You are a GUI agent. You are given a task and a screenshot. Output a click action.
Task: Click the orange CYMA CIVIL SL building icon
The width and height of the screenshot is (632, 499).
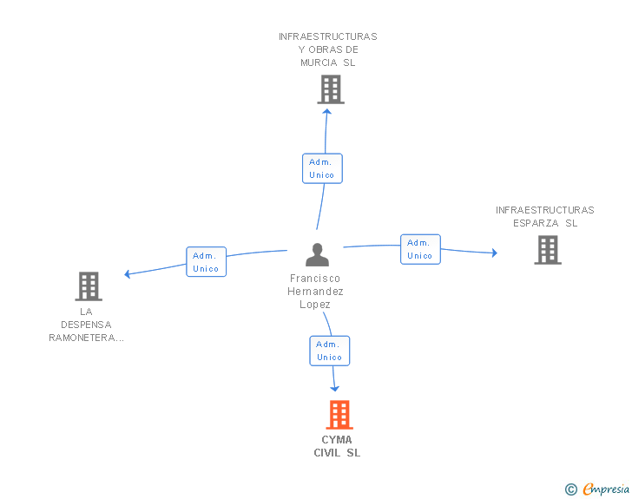click(x=339, y=414)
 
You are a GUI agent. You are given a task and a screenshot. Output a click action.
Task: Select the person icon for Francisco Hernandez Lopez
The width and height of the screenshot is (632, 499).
click(x=317, y=255)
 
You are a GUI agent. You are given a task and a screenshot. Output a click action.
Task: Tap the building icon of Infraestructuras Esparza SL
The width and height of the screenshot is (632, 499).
click(x=548, y=250)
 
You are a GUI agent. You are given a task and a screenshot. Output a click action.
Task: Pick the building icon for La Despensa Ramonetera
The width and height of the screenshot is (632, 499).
click(x=89, y=286)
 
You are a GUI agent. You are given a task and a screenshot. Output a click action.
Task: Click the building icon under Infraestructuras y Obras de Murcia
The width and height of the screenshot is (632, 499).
click(x=331, y=89)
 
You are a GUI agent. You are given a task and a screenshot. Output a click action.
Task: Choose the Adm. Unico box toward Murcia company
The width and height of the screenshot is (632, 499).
click(x=322, y=168)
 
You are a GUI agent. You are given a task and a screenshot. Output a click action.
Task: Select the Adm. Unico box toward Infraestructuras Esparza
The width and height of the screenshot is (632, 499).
click(x=420, y=249)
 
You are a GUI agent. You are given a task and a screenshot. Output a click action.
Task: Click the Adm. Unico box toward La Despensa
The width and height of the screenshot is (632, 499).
click(x=207, y=261)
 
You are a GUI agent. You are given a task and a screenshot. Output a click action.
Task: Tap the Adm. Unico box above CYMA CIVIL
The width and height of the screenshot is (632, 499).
click(x=330, y=351)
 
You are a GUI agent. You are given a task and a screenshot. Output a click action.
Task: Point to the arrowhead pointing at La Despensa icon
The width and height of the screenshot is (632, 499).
click(x=127, y=274)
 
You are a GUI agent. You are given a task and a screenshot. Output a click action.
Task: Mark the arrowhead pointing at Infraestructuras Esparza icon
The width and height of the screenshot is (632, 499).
click(x=495, y=253)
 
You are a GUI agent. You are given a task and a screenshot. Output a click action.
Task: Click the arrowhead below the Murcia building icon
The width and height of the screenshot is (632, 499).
click(x=327, y=112)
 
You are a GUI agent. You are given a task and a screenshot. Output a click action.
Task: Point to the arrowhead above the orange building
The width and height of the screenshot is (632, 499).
click(x=334, y=389)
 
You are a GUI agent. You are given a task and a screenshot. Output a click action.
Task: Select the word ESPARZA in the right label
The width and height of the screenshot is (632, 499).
click(x=536, y=223)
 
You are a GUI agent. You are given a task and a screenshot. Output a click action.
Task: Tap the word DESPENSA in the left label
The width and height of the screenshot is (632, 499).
click(x=86, y=325)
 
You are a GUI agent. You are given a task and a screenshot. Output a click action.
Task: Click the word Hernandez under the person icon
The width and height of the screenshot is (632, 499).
click(x=315, y=291)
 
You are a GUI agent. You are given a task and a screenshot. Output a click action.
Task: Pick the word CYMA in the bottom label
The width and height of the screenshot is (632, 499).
click(x=337, y=439)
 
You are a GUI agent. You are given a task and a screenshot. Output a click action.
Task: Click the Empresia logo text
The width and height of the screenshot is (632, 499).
click(x=606, y=489)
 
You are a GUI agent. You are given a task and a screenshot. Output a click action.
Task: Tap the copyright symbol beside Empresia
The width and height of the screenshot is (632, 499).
click(x=571, y=489)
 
